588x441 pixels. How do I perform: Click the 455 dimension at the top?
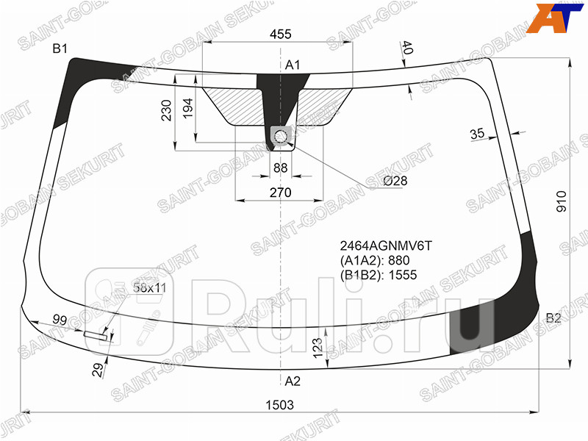(x=280, y=34)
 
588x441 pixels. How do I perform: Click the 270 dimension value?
(x=280, y=193)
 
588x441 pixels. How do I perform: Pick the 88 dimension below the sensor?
(x=280, y=168)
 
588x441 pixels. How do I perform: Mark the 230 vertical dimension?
(x=167, y=110)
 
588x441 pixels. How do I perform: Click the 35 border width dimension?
(x=477, y=134)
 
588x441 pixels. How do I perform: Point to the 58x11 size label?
(x=149, y=288)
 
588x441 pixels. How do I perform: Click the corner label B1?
(x=60, y=49)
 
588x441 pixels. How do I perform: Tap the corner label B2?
(x=553, y=318)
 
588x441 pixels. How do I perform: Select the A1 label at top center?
(x=293, y=65)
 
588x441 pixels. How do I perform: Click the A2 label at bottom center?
(x=293, y=381)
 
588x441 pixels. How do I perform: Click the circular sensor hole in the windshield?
(x=281, y=136)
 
